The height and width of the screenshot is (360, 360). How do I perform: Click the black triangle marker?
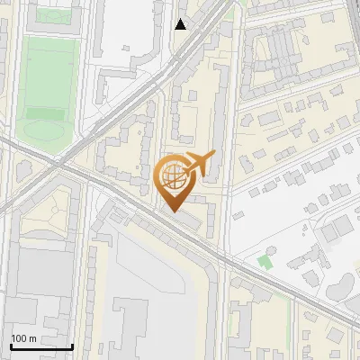pos(181,24)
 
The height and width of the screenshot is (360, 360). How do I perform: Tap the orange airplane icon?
pos(199,164)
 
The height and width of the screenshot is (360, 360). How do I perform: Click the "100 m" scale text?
pos(23,338)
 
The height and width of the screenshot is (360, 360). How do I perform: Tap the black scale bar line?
pos(41,346)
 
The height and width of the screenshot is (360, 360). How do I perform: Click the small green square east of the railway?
pos(264,263)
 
